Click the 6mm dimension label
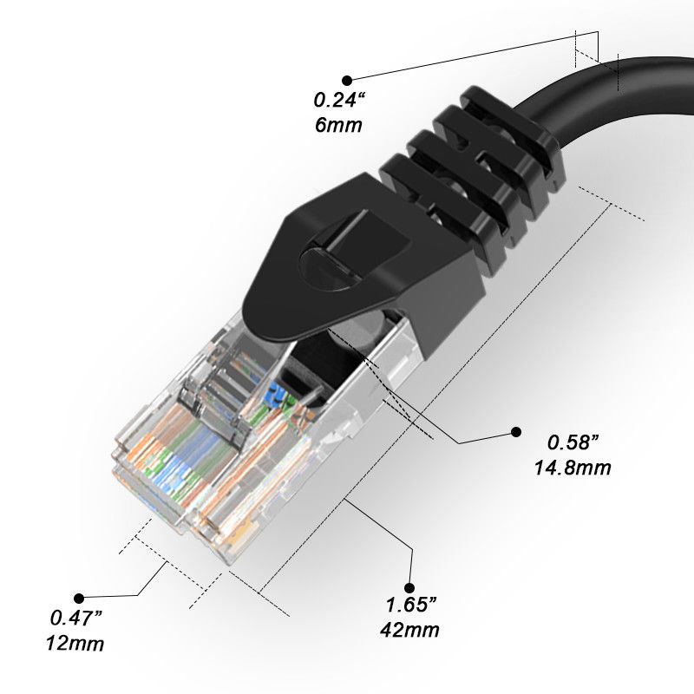point(338,124)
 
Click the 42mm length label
point(409,630)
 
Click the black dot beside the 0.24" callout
point(348,79)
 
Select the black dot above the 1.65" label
point(409,587)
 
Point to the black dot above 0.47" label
point(79,598)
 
